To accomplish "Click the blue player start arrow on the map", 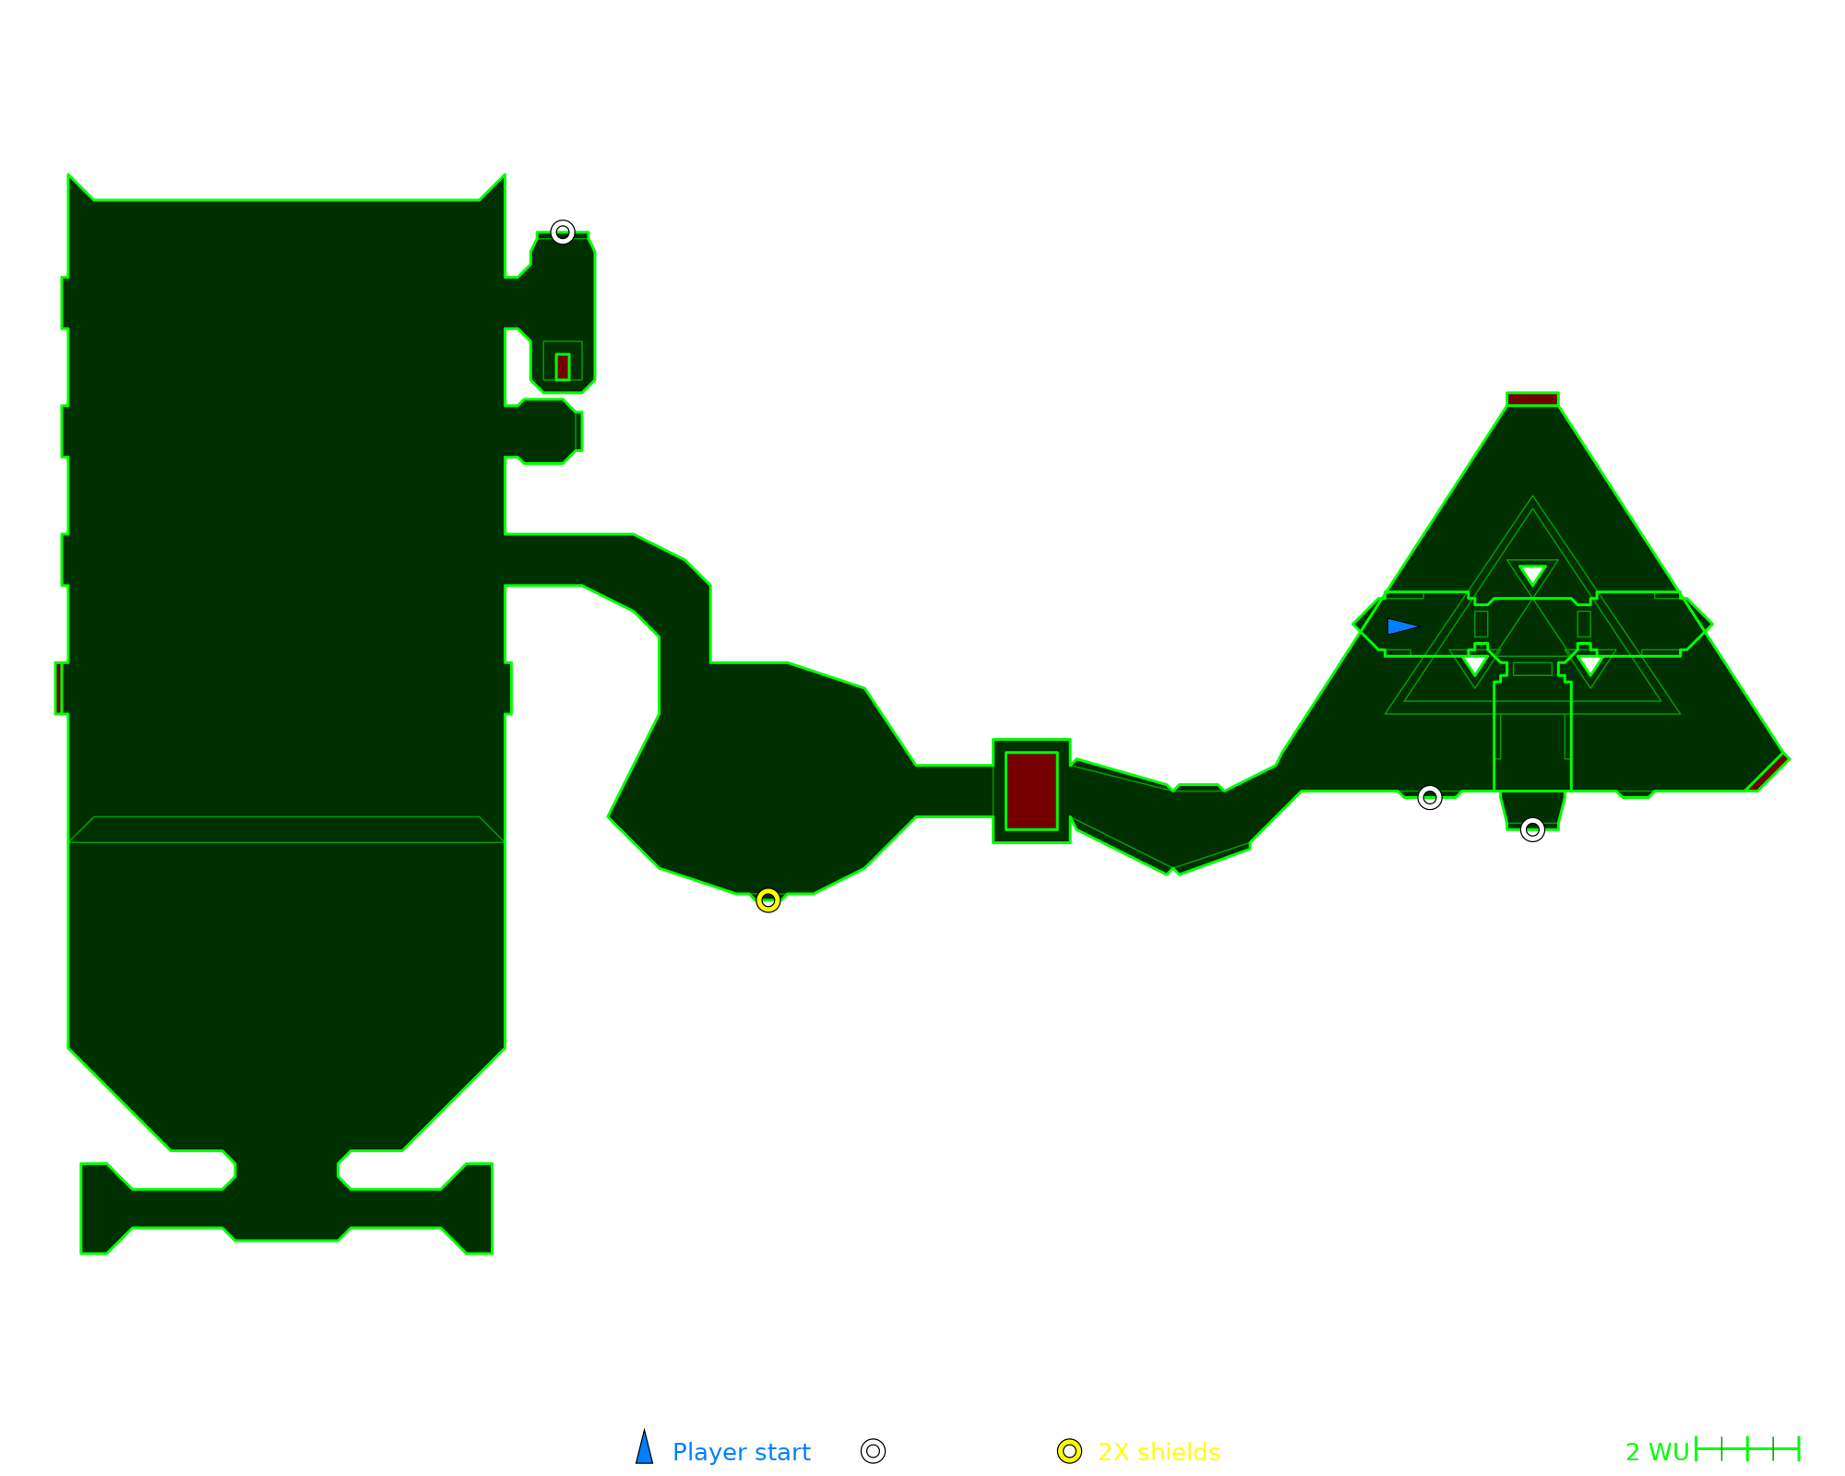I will pyautogui.click(x=1401, y=626).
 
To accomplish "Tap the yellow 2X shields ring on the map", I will pyautogui.click(x=768, y=900).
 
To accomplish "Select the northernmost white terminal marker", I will pyautogui.click(x=563, y=232).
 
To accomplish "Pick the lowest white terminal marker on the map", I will pyautogui.click(x=1532, y=830).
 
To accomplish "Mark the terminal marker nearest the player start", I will pyautogui.click(x=1429, y=797).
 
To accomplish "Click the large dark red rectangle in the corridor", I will pyautogui.click(x=1031, y=791).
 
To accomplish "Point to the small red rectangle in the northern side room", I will pyautogui.click(x=563, y=366).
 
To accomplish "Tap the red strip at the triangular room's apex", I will pyautogui.click(x=1532, y=399).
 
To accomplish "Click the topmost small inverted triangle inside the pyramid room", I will pyautogui.click(x=1532, y=574).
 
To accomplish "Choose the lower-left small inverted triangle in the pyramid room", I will pyautogui.click(x=1474, y=663).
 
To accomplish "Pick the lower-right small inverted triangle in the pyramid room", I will pyautogui.click(x=1589, y=663).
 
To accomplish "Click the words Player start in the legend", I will pyautogui.click(x=741, y=1452).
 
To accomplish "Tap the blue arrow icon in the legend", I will pyautogui.click(x=645, y=1448).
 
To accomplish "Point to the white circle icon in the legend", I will pyautogui.click(x=873, y=1451).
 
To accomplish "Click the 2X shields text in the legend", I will pyautogui.click(x=1159, y=1452).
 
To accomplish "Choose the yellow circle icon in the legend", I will pyautogui.click(x=1069, y=1451).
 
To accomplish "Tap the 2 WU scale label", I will pyautogui.click(x=1657, y=1452).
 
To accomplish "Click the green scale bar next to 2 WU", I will pyautogui.click(x=1747, y=1449).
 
